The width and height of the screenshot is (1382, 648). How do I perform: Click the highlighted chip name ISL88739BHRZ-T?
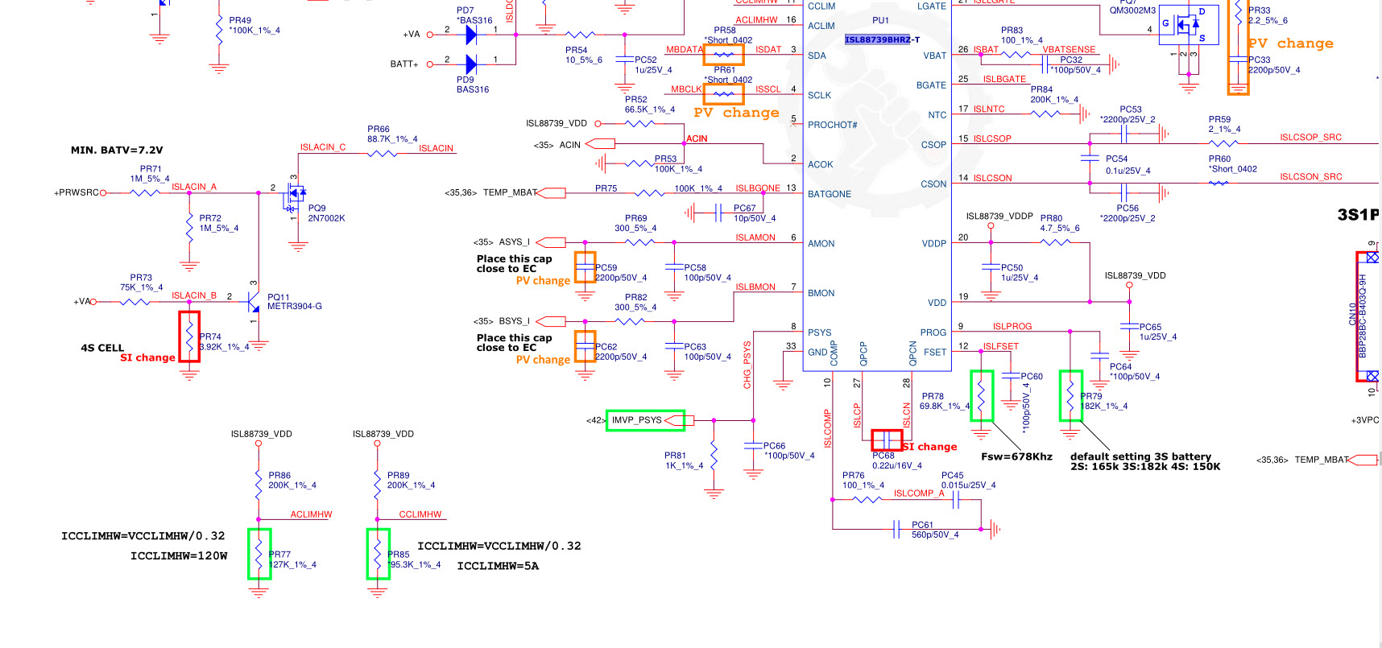(882, 39)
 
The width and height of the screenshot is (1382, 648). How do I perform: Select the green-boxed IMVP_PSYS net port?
(645, 420)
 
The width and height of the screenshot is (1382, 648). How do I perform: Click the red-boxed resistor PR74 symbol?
(189, 336)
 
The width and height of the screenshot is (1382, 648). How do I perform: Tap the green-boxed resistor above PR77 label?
(259, 553)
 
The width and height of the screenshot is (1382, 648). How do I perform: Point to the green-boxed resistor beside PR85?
(378, 553)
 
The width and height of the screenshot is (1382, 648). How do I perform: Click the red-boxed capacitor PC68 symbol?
(887, 440)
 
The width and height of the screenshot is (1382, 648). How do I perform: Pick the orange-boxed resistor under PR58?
(723, 54)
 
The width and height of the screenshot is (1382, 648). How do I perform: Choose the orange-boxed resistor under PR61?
(723, 94)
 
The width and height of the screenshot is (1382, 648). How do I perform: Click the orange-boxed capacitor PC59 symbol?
(585, 267)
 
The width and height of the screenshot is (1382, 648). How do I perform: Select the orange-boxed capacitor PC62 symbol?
(585, 346)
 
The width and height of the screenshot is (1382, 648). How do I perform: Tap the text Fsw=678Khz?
(1016, 456)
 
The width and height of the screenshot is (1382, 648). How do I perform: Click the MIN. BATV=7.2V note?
(117, 150)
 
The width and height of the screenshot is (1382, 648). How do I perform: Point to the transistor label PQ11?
(278, 297)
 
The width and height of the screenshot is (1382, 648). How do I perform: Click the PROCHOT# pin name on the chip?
(832, 125)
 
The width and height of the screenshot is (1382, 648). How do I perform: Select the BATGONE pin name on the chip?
(829, 194)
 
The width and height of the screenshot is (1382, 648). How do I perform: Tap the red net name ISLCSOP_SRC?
(1310, 137)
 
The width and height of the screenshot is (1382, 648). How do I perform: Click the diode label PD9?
(465, 80)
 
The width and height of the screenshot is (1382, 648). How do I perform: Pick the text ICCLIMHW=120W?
(179, 555)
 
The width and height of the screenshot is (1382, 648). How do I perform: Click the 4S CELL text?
(102, 348)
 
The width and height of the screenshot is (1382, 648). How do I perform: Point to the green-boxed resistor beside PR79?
(1070, 395)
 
